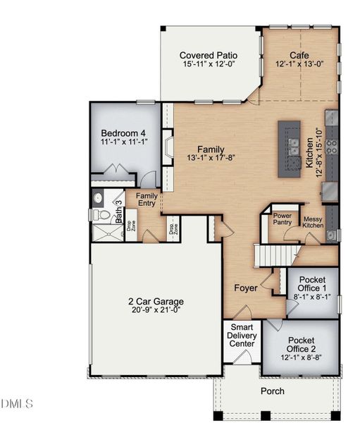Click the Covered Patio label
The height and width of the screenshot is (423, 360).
[208, 55]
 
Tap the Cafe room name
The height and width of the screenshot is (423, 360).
[299, 55]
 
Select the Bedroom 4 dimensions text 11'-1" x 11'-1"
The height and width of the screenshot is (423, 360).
[123, 142]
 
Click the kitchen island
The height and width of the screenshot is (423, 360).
[289, 148]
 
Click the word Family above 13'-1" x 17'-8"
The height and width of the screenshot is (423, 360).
[211, 149]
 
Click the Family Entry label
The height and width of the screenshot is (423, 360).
[147, 200]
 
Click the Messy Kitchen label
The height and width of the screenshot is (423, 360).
[312, 222]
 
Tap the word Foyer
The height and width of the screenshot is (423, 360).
[246, 288]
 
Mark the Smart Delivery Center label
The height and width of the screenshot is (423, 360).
[242, 337]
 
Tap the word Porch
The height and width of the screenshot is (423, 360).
[272, 391]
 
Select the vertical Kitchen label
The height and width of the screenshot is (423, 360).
[309, 152]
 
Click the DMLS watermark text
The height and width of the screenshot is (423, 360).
[17, 404]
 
